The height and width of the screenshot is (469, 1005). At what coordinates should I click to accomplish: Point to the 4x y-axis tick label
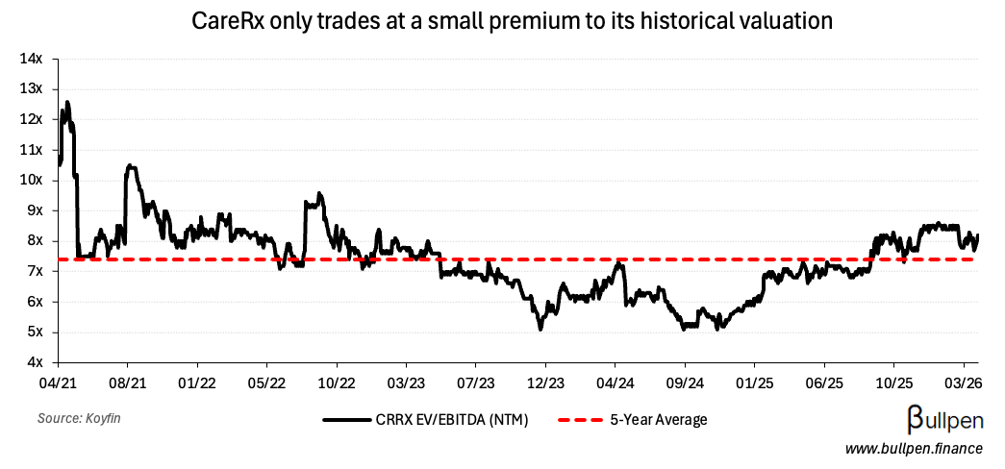tap(36, 362)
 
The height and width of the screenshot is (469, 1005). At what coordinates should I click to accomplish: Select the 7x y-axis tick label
tap(36, 271)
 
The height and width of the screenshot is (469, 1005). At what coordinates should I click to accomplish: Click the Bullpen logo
tap(944, 419)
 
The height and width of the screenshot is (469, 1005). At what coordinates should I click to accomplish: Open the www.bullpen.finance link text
tap(914, 449)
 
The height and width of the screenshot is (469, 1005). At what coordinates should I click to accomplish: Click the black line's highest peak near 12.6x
tap(66, 102)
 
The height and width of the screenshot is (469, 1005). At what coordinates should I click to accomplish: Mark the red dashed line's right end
tap(978, 259)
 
